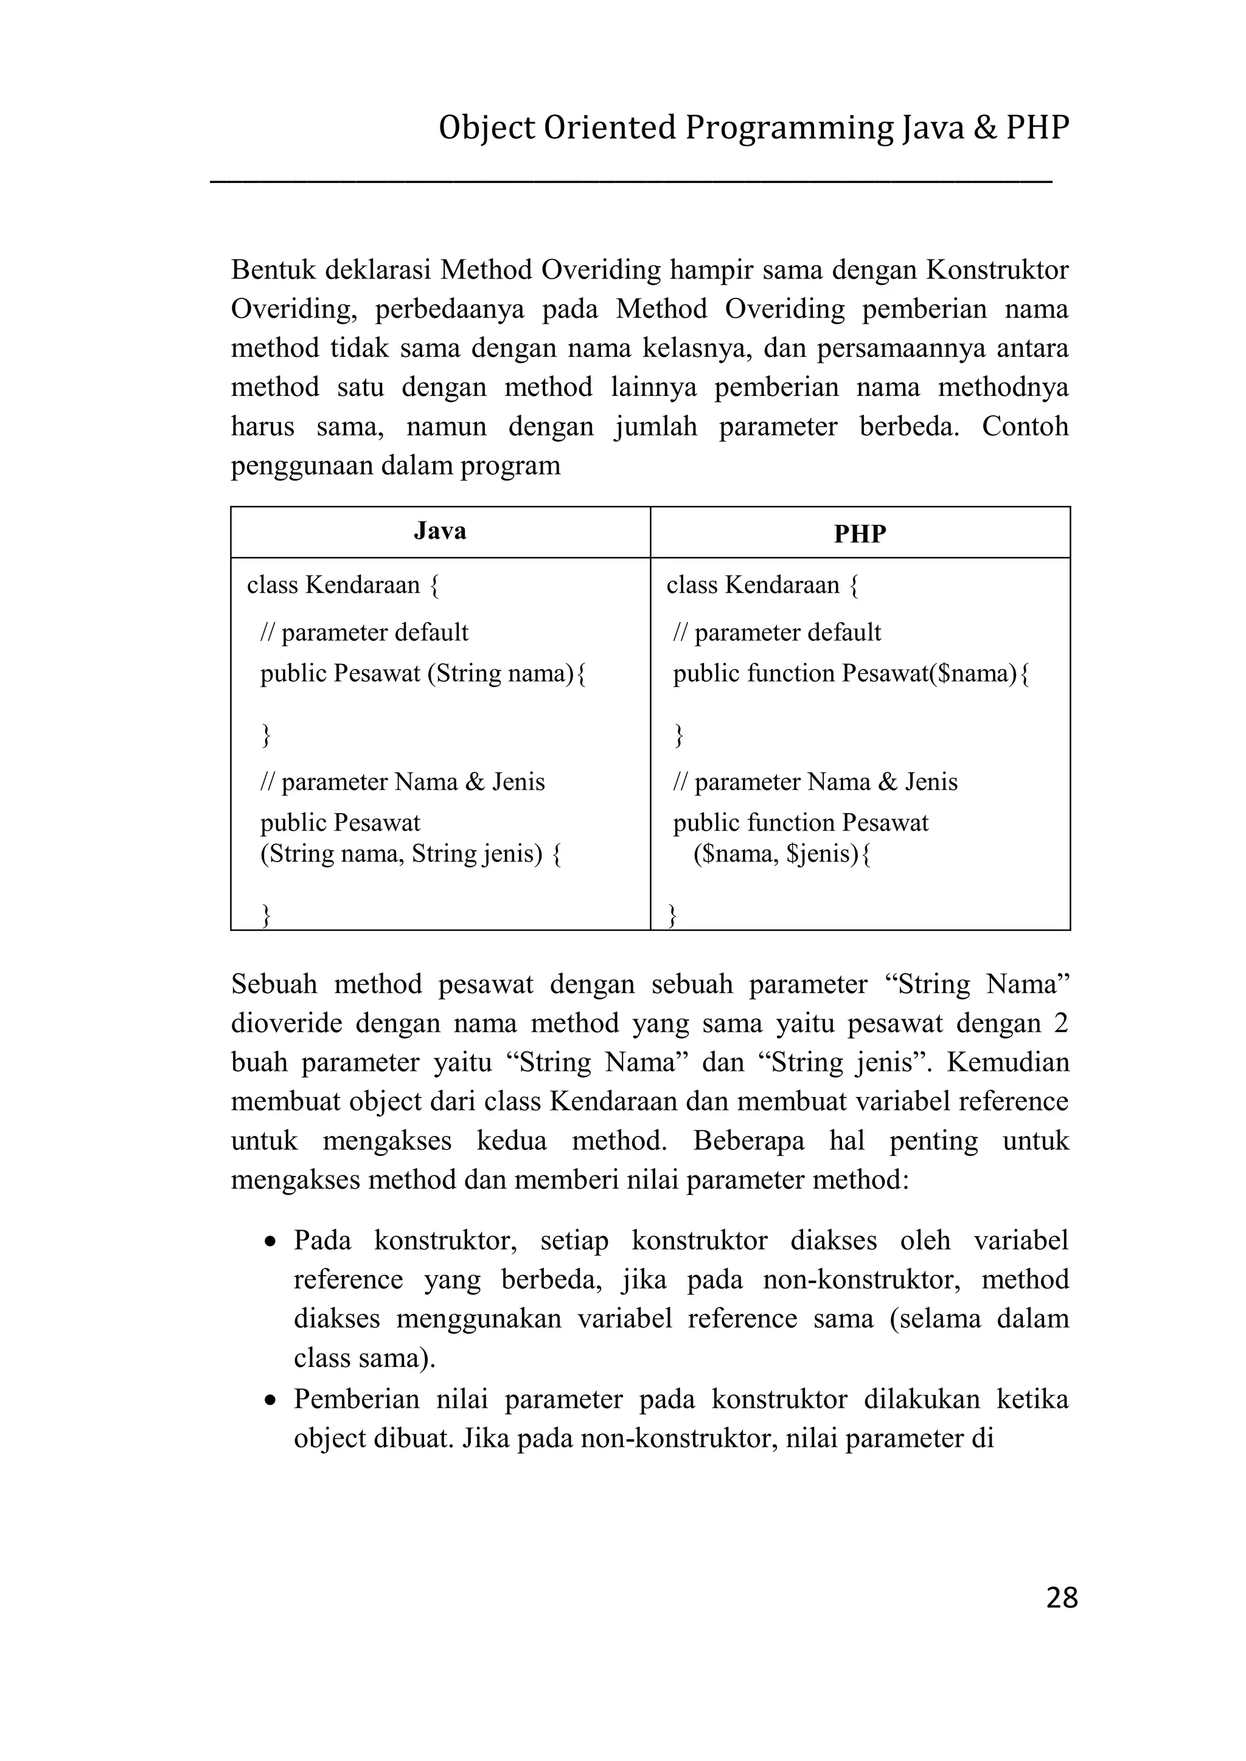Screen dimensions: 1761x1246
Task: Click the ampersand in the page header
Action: pyautogui.click(x=984, y=128)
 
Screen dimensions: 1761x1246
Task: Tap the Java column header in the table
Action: pyautogui.click(x=440, y=531)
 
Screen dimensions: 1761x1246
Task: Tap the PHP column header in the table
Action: pyautogui.click(x=860, y=534)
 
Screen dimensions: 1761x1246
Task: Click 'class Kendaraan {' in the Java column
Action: pyautogui.click(x=343, y=586)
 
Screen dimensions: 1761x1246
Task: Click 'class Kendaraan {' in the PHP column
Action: pyautogui.click(x=763, y=586)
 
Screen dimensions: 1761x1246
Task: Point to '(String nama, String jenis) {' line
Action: pyautogui.click(x=411, y=854)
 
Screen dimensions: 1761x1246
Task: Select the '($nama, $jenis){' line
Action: pyautogui.click(x=782, y=854)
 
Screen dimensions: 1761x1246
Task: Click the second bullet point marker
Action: pyautogui.click(x=270, y=1401)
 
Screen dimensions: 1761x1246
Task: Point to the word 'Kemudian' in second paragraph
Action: pyautogui.click(x=1008, y=1062)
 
